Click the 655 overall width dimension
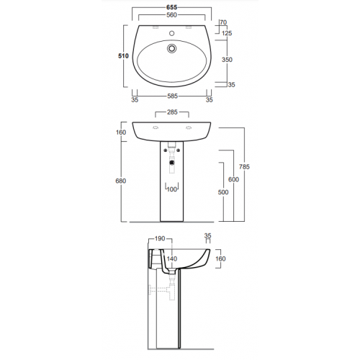(171, 7)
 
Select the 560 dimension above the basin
(171, 15)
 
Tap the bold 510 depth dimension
(123, 56)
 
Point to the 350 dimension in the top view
(227, 60)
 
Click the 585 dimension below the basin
(172, 96)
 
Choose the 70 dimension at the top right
(223, 22)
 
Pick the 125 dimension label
(227, 33)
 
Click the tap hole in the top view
(171, 33)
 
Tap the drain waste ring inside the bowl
(171, 48)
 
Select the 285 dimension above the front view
(172, 112)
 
